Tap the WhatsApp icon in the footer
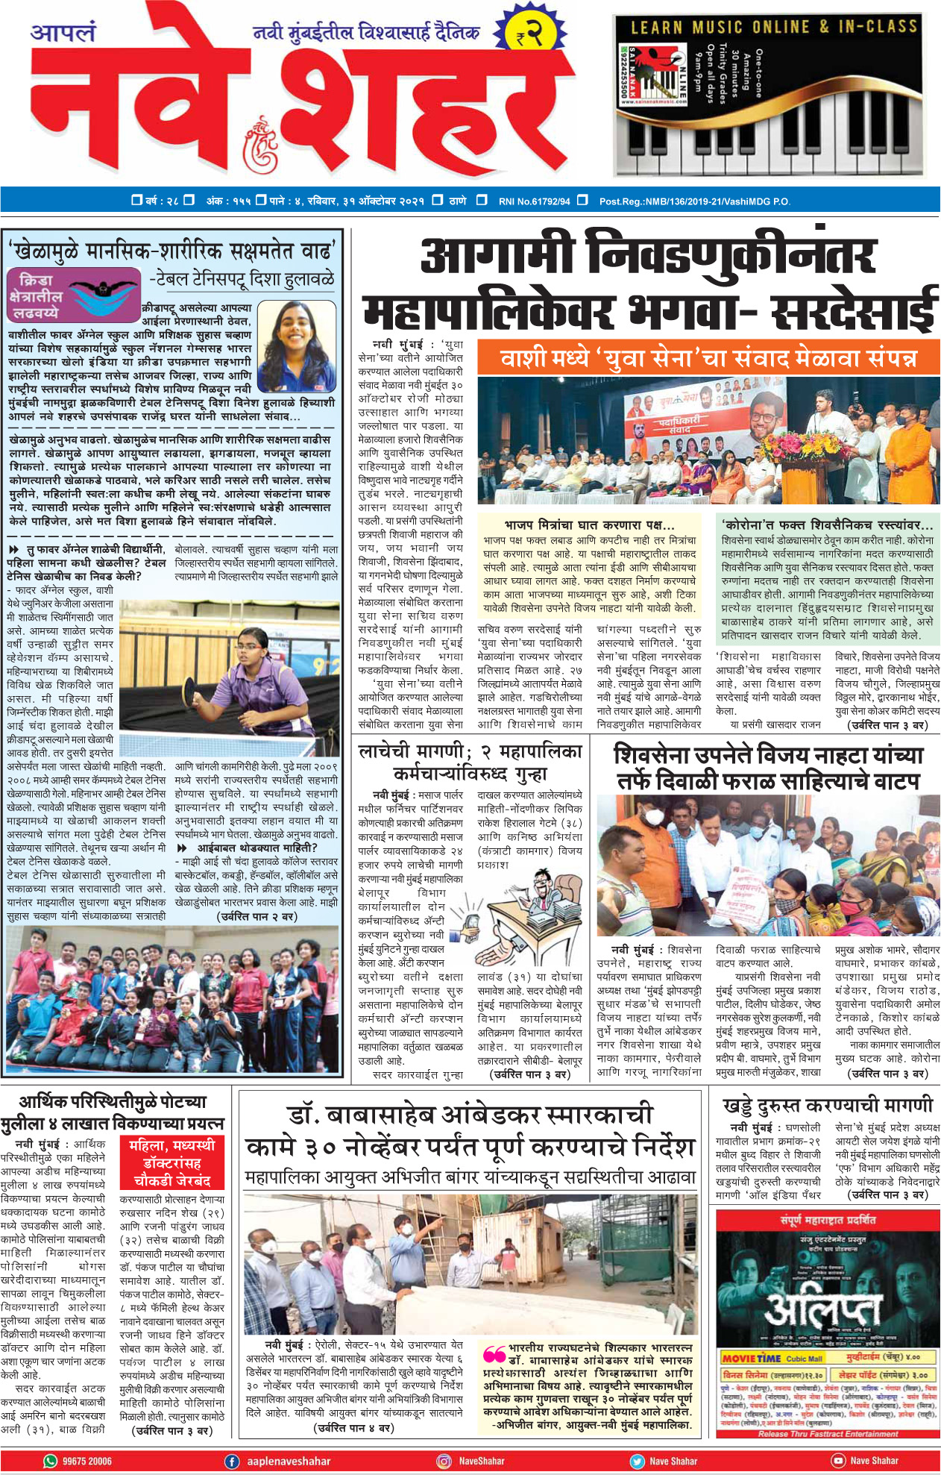tap(51, 1461)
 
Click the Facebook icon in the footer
tap(233, 1461)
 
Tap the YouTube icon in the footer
tap(838, 1461)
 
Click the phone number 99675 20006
tap(87, 1461)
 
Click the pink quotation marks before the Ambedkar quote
tap(494, 1353)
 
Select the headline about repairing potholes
tap(828, 1104)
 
